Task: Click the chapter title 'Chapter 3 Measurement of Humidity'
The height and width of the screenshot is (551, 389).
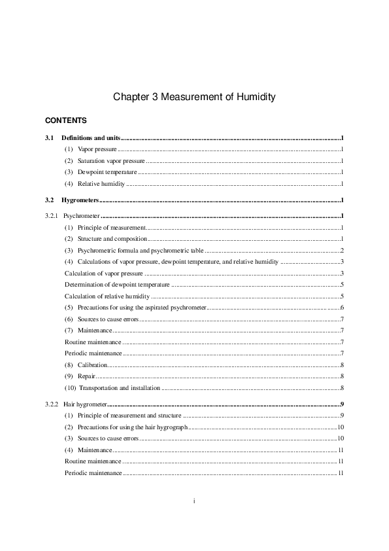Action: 194,97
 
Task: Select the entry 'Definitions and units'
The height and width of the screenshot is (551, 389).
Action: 91,139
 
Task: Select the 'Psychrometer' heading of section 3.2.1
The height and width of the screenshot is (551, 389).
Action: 82,215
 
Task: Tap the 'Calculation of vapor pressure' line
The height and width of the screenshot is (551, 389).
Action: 103,273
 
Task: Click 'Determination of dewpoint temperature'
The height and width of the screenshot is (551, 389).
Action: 117,285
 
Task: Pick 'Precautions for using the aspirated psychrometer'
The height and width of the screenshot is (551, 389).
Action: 141,308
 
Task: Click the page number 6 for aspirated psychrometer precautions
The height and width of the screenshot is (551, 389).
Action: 342,308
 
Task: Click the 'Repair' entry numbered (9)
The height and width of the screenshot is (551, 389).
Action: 86,376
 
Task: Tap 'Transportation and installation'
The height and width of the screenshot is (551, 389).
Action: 118,387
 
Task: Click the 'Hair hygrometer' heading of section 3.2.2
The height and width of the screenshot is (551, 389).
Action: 85,404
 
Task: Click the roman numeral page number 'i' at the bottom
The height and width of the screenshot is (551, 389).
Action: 194,501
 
